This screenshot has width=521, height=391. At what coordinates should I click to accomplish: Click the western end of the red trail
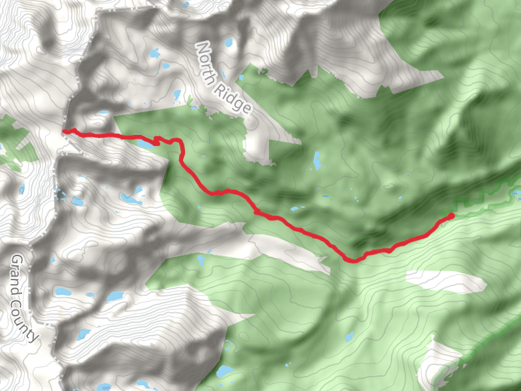[64, 132]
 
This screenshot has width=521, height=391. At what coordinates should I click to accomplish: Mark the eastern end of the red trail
[452, 214]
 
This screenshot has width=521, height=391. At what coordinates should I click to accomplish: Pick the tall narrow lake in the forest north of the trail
[317, 159]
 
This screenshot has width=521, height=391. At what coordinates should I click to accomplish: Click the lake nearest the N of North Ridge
[229, 44]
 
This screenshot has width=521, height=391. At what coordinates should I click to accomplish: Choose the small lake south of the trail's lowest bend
[350, 338]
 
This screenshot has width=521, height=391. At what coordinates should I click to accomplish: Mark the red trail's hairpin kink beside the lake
[157, 139]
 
